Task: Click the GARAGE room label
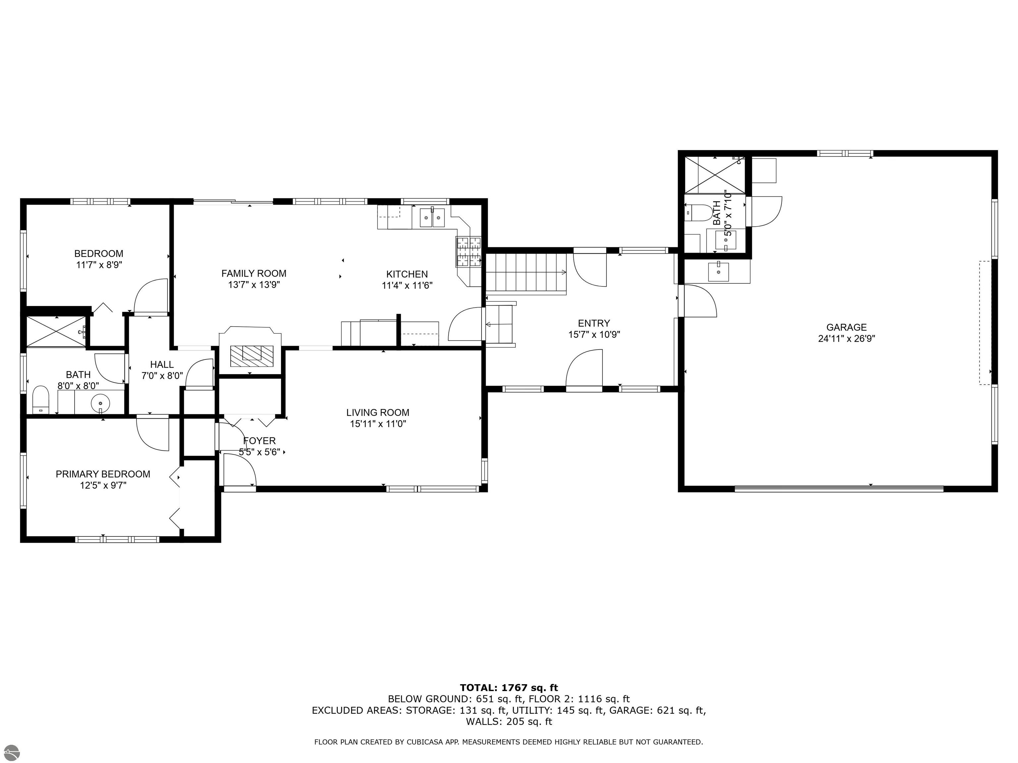tap(846, 328)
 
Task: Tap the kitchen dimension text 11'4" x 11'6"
tap(407, 285)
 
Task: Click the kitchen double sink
tap(432, 217)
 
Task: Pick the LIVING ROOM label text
tap(378, 413)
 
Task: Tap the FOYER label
tap(259, 440)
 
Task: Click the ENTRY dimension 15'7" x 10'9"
tap(594, 334)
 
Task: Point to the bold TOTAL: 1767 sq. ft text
tap(509, 687)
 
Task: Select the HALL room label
tap(162, 364)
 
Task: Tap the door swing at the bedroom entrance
tap(150, 297)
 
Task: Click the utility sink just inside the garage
tap(718, 271)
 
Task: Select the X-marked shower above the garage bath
tap(715, 175)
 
